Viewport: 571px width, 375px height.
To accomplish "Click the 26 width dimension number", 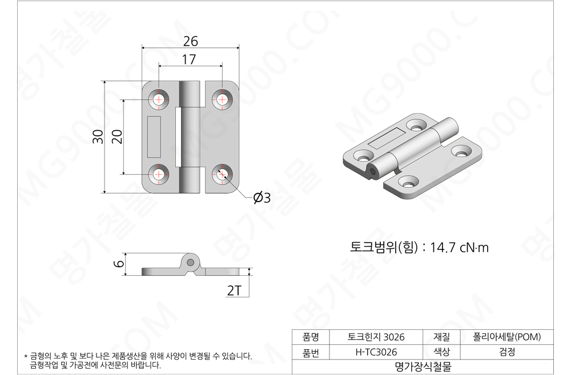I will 191,41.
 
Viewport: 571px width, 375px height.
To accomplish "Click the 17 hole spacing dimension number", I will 189,59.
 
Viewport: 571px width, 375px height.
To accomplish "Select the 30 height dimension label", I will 98,137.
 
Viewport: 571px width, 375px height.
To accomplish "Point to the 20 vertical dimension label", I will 116,136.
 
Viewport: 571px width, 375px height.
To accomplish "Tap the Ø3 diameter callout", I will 262,197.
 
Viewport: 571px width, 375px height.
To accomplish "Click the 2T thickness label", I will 235,291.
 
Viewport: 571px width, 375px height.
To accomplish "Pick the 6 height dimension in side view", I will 119,264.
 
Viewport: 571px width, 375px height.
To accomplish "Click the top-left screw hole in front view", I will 158,99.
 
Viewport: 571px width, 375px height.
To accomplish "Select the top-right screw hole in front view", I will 222,99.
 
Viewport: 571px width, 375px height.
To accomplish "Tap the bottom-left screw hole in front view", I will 158,175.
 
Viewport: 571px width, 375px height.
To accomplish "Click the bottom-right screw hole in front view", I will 222,175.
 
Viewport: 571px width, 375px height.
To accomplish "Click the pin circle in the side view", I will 191,263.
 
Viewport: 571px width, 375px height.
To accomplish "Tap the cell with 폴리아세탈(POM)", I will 506,337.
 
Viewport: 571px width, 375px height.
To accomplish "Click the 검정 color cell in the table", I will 506,352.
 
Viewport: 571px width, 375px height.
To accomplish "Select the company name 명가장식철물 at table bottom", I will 423,367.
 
